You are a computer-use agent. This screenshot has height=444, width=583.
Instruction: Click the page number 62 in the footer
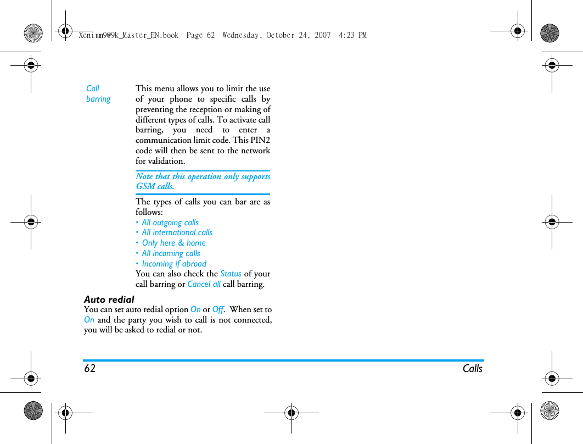[x=89, y=369]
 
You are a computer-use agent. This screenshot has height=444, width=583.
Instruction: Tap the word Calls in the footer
[x=472, y=369]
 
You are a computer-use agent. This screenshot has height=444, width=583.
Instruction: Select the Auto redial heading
[x=109, y=299]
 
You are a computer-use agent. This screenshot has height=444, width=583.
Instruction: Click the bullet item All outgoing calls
[x=170, y=223]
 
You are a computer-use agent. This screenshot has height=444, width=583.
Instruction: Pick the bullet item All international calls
[x=177, y=232]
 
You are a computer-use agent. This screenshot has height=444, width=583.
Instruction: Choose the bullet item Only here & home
[x=173, y=243]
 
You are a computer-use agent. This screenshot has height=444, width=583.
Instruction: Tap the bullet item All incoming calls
[x=171, y=253]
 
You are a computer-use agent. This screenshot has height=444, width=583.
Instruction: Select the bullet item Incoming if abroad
[x=174, y=264]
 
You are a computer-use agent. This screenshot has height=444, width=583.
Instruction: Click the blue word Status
[x=231, y=274]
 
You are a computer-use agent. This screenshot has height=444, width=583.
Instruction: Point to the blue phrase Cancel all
[x=204, y=284]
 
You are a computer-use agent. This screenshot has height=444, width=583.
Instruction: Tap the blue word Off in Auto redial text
[x=218, y=309]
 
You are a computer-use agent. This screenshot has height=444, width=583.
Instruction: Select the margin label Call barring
[x=98, y=93]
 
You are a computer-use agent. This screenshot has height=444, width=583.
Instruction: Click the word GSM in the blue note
[x=145, y=186]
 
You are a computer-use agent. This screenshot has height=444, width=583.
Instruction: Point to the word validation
[x=166, y=161]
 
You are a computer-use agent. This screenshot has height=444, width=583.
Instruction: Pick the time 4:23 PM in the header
[x=352, y=35]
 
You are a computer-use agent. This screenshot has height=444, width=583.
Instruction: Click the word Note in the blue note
[x=144, y=176]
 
